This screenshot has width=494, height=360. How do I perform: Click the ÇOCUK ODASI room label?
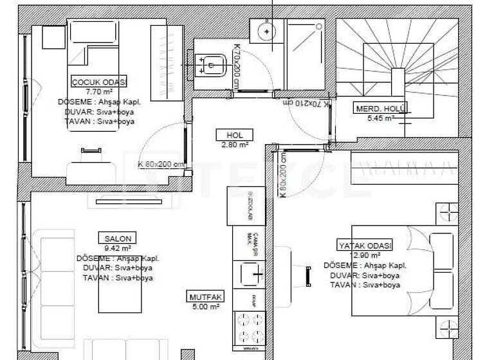point(98,82)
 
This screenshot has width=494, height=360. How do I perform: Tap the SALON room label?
point(116,239)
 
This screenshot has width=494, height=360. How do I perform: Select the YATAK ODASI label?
point(365,245)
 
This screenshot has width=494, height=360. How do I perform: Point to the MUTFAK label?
point(205,297)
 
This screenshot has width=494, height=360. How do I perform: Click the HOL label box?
point(234,135)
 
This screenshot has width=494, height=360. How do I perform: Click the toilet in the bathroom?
point(212,62)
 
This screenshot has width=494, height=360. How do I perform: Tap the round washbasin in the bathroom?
point(263,30)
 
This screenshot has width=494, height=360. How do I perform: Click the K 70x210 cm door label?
point(302,102)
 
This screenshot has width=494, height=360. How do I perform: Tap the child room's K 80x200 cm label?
point(161,164)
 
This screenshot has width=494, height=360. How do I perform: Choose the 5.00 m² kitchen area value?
point(205,307)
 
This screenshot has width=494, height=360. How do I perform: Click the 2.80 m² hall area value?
point(234,145)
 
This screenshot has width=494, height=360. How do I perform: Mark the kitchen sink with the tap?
point(249,274)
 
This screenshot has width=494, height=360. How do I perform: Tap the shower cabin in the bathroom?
point(305,54)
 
